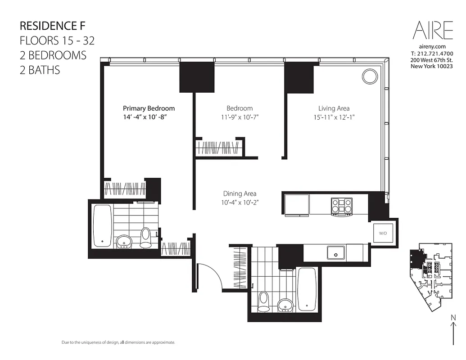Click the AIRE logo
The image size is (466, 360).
[x=433, y=30]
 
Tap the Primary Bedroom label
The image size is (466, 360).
[x=149, y=108]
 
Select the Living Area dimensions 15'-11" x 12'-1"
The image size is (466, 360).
[x=334, y=117]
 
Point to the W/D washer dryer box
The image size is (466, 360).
[x=383, y=233]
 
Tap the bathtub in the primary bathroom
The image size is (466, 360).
[x=103, y=225]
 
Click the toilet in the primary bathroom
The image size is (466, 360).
[x=145, y=238]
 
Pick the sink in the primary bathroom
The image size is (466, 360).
[x=123, y=242]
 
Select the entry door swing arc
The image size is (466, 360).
[x=211, y=274]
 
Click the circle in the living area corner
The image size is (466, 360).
[x=370, y=76]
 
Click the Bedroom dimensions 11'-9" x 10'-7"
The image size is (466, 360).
[x=239, y=117]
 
